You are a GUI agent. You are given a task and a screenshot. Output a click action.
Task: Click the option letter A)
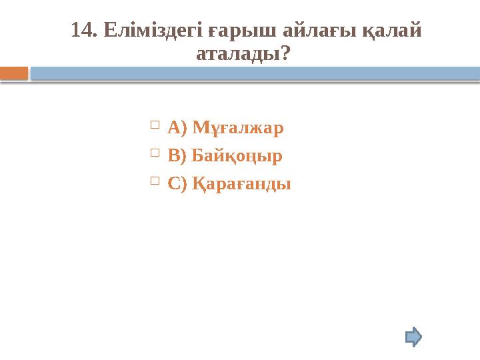pos(177,127)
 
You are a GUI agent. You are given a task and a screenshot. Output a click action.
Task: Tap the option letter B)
pos(177,156)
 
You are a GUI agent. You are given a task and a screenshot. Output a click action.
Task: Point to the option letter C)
pos(177,185)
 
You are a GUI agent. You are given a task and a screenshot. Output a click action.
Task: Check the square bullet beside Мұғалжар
pos(155,124)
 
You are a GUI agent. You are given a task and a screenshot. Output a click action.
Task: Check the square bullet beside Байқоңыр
pos(155,153)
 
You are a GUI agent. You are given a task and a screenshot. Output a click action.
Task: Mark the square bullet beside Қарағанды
pos(155,181)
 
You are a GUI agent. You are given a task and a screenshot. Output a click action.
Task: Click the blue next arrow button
pos(414,336)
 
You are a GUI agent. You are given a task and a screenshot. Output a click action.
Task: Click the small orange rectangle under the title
pos(14,73)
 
